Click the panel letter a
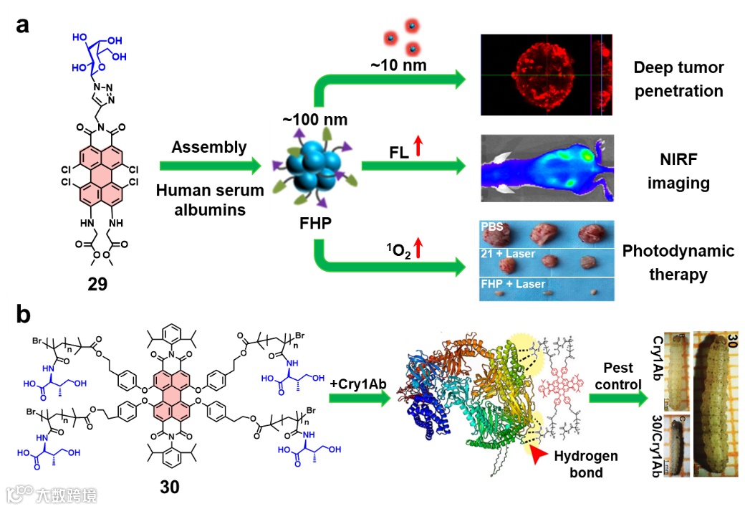click(23, 26)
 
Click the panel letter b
click(24, 314)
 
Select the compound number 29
click(97, 283)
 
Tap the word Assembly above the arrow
click(209, 148)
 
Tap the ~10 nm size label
click(398, 65)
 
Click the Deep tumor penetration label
click(678, 80)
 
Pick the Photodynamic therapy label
click(678, 262)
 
